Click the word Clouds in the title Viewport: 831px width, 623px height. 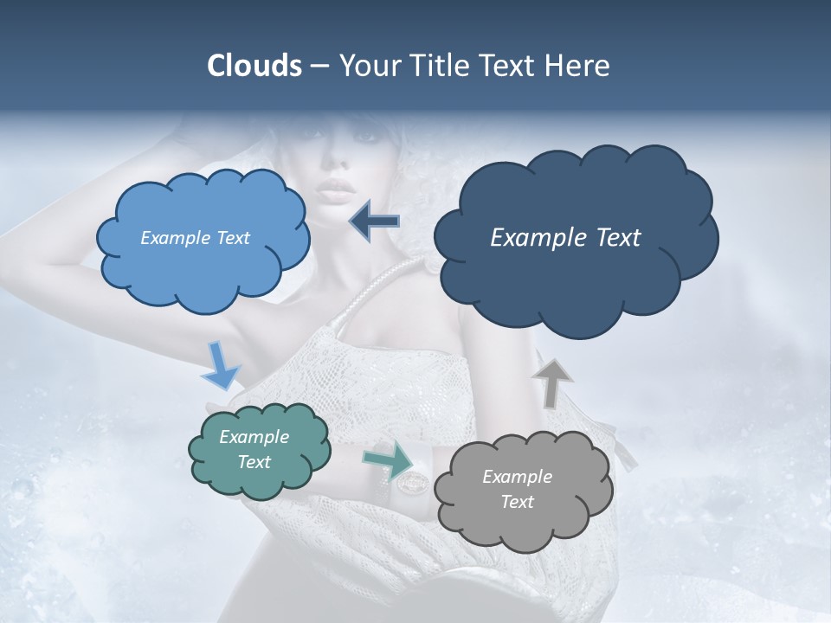click(254, 66)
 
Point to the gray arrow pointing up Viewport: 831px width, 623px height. click(551, 382)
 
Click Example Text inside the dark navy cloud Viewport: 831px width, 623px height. click(565, 238)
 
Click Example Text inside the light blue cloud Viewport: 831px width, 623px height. click(195, 238)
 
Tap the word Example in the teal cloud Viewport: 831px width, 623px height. click(254, 437)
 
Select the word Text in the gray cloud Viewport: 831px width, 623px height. click(517, 502)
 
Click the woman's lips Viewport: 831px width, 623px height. click(335, 189)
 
